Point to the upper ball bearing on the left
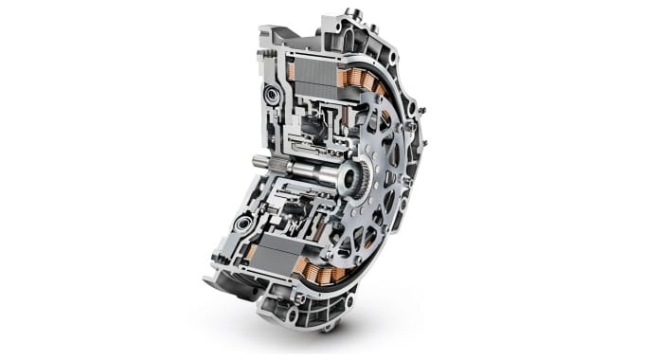273,95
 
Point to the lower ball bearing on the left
243,225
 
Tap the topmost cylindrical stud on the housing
352,12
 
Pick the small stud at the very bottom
327,328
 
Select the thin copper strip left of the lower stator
252,250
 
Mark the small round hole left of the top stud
335,21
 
